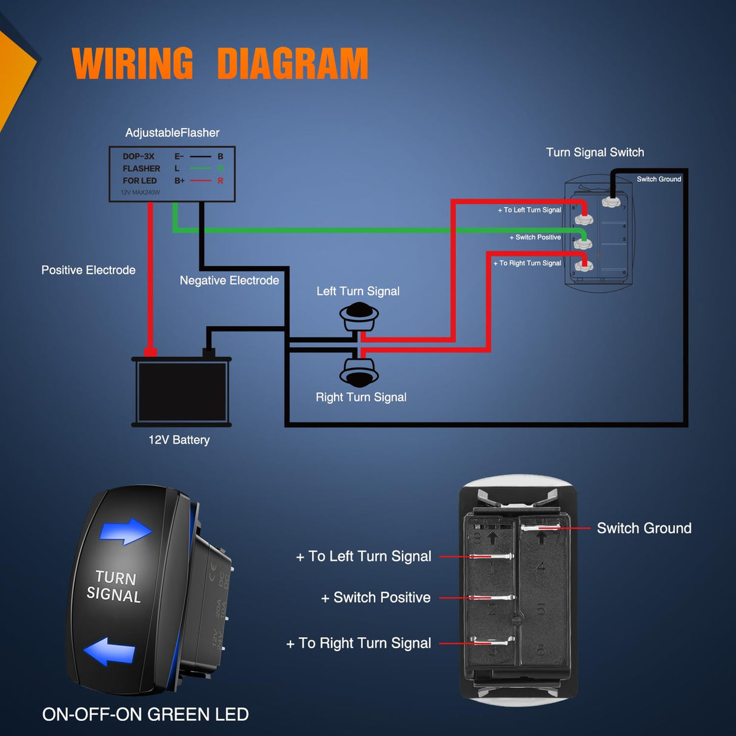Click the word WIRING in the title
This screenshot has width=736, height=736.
[132, 64]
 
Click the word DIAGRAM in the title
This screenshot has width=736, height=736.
[292, 64]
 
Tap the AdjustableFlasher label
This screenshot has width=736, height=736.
[172, 133]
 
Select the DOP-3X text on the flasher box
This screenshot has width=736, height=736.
[138, 156]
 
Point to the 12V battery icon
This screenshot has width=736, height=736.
[181, 392]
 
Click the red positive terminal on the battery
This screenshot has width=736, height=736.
[150, 352]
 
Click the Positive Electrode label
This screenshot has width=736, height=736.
[89, 270]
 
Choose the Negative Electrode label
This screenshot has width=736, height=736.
[229, 281]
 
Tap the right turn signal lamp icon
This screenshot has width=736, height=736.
[359, 372]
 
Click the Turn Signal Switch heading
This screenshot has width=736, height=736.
[595, 152]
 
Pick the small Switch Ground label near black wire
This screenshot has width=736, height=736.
[658, 179]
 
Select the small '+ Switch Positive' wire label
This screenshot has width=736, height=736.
[535, 238]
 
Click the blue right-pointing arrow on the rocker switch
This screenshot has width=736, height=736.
[125, 531]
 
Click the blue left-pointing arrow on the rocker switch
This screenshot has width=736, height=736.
[110, 652]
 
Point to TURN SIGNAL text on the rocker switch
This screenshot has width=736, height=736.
[114, 586]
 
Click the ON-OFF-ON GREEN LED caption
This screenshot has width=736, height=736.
[146, 714]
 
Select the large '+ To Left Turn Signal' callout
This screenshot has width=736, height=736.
[364, 557]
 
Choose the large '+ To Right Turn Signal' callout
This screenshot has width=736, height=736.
[359, 643]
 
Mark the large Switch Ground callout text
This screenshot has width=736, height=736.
[644, 529]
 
